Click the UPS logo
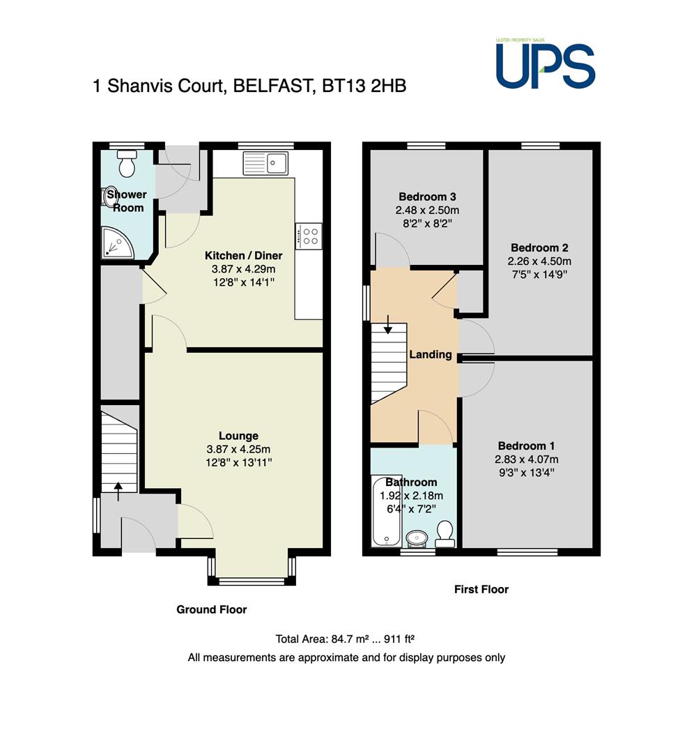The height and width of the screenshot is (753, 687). point(546,64)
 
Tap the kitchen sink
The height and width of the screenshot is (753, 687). point(265,162)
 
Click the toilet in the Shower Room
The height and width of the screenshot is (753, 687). point(127,163)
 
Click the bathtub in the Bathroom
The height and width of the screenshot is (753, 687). point(387,510)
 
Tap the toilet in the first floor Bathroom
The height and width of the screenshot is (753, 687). point(445,534)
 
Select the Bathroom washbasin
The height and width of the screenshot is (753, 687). point(418,538)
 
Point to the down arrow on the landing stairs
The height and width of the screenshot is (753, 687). point(387,324)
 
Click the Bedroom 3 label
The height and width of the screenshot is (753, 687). point(427,197)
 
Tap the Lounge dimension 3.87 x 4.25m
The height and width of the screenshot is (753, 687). point(238,449)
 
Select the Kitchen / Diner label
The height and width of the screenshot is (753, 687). point(244,255)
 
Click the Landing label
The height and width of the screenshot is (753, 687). point(431,354)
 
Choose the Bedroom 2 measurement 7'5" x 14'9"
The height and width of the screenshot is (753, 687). point(539,274)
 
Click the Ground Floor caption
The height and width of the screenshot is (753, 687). point(212,609)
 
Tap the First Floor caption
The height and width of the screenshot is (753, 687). point(481,589)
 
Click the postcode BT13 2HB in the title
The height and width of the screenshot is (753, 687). point(364,86)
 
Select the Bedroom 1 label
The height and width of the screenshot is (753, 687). point(526,446)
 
